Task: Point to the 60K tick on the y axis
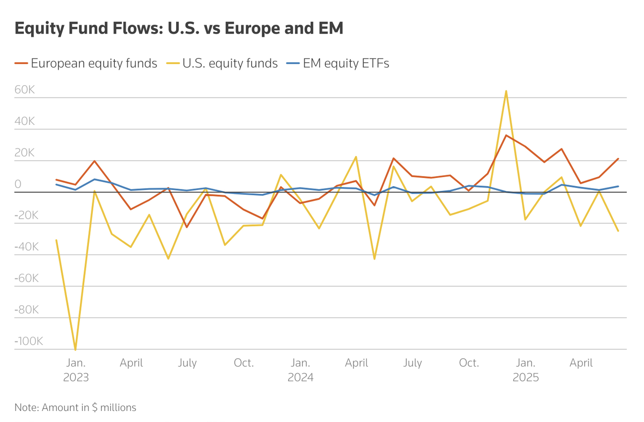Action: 24,90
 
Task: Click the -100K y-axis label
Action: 29,341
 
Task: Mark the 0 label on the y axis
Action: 18,184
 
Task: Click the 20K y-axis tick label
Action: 24,153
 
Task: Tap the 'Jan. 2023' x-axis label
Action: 76,370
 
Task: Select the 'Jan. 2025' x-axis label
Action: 526,370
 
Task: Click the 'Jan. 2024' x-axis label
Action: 300,370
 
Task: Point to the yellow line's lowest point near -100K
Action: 75,349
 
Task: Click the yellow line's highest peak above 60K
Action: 506,91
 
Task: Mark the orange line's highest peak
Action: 506,135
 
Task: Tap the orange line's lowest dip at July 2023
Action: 187,227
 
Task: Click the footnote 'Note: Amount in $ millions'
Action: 76,408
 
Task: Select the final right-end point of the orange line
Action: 618,159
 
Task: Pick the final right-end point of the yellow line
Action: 618,231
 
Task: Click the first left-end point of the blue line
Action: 56,184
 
